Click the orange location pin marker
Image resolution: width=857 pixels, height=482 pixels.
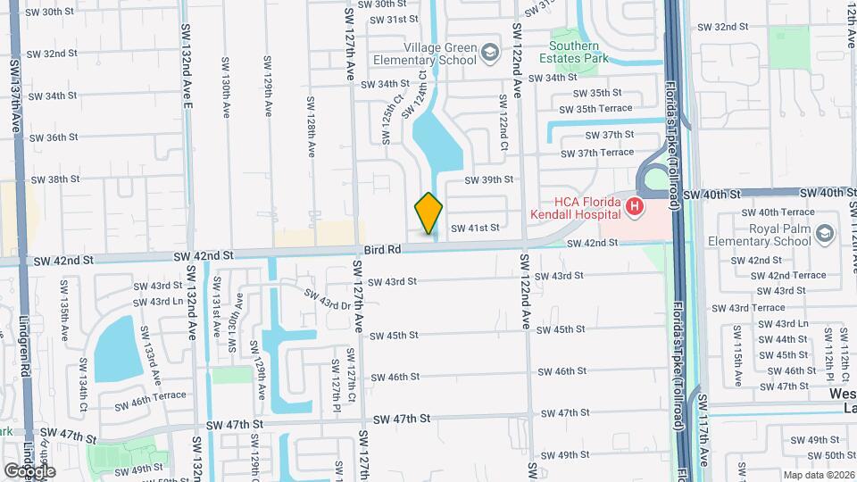428,212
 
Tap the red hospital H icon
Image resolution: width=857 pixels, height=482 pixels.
635,208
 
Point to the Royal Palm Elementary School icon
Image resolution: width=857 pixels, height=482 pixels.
826,234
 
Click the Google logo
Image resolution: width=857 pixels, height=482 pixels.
29,470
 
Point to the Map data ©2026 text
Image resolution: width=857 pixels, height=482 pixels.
818,474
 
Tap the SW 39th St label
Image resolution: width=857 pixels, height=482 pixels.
489,179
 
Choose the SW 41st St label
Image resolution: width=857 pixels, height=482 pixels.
474,229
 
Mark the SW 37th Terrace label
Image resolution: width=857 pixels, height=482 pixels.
598,153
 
